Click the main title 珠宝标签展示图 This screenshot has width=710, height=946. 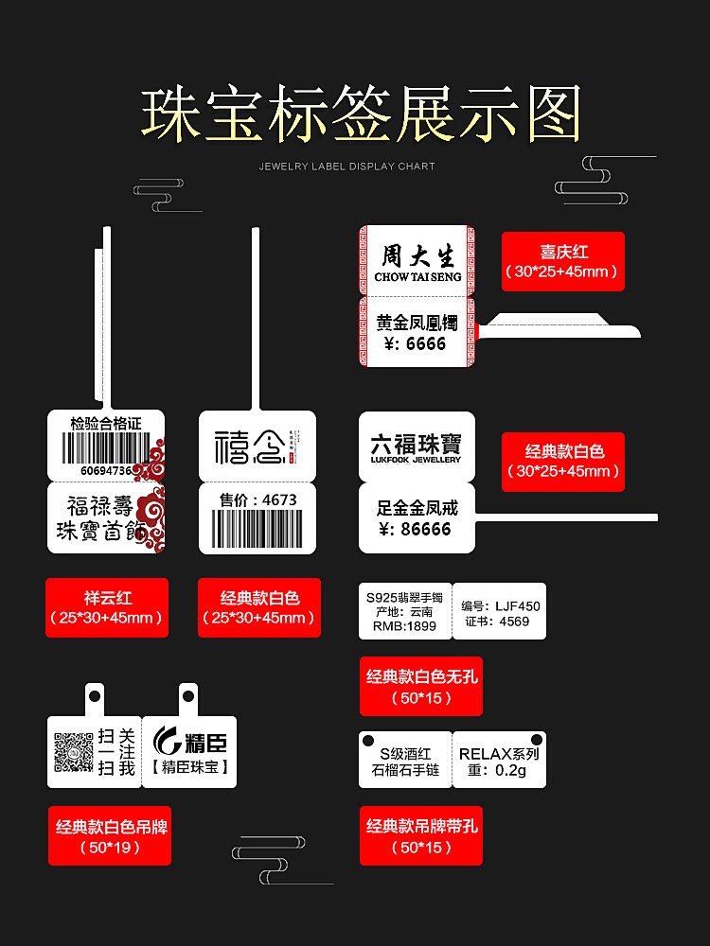(361, 115)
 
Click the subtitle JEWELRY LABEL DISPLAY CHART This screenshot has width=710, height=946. (347, 166)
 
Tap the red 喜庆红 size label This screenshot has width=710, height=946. (563, 261)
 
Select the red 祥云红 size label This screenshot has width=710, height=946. (107, 607)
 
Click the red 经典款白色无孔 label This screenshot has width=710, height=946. (420, 686)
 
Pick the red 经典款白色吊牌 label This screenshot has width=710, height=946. (110, 836)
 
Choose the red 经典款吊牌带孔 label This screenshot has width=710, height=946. (421, 835)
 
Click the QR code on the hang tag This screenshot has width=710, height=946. (73, 753)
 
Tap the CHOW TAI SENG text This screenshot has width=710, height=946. (417, 277)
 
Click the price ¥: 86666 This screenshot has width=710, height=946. (413, 529)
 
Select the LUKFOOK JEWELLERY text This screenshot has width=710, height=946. (416, 460)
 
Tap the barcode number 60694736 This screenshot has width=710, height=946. (106, 470)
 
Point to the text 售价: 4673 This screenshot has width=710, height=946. (257, 499)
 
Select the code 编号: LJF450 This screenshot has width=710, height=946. (501, 606)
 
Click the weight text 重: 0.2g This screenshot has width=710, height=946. (499, 770)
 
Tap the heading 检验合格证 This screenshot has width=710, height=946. (106, 423)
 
